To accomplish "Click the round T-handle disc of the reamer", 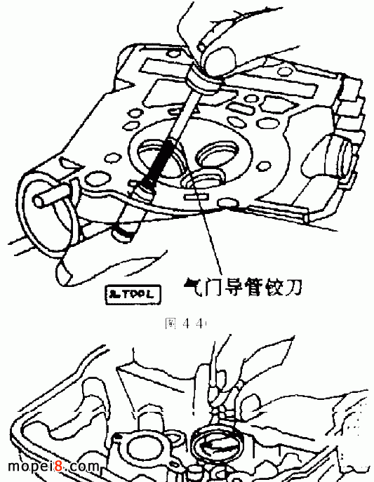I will [x=204, y=76].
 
